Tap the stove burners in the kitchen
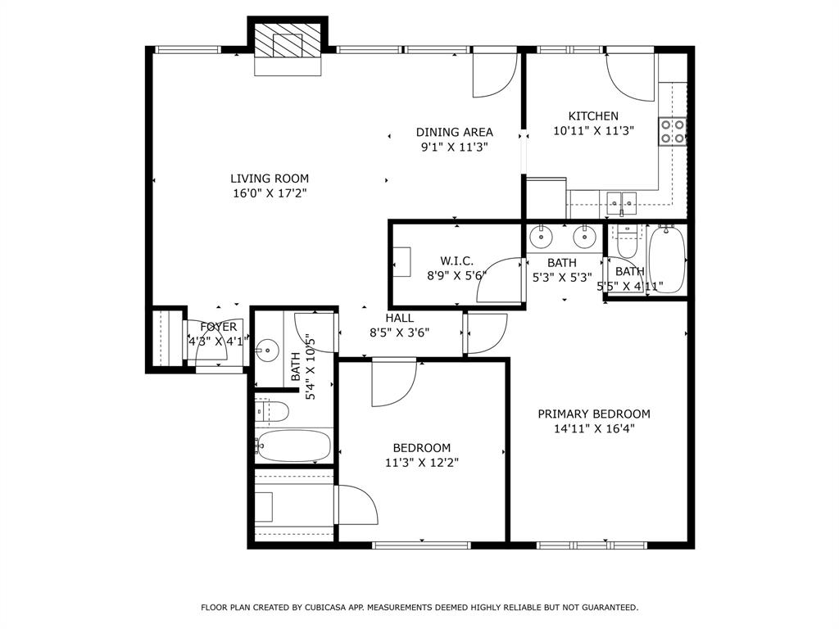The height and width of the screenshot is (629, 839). pyautogui.click(x=673, y=131)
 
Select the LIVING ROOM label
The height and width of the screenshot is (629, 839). pyautogui.click(x=270, y=179)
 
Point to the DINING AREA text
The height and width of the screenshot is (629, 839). pyautogui.click(x=455, y=133)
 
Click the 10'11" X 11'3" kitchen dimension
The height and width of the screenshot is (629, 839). pyautogui.click(x=594, y=130)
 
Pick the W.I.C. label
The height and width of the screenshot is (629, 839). pyautogui.click(x=456, y=261)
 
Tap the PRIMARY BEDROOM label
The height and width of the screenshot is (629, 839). pyautogui.click(x=594, y=414)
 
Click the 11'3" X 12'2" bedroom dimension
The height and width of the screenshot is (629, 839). pyautogui.click(x=422, y=462)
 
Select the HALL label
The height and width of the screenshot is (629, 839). pyautogui.click(x=400, y=318)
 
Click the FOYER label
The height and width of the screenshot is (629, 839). pyautogui.click(x=219, y=327)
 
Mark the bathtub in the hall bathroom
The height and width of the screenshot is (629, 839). pyautogui.click(x=293, y=446)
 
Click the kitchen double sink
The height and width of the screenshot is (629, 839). pyautogui.click(x=623, y=201)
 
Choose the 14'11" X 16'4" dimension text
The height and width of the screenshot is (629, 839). pyautogui.click(x=594, y=428)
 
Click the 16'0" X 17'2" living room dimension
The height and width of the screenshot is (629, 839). pyautogui.click(x=270, y=193)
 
